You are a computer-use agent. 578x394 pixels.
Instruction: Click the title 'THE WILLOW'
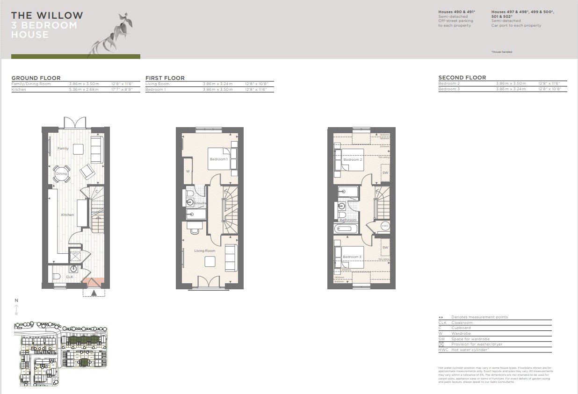coord(47,15)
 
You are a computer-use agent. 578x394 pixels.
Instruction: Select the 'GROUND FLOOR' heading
coord(36,78)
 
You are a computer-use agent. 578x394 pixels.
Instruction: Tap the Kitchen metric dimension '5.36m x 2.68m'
coord(84,89)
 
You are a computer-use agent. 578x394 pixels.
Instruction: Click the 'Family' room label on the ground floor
coord(63,149)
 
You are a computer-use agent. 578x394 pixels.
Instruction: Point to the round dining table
coord(61,173)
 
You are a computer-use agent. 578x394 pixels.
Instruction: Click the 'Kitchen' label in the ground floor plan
coord(67,215)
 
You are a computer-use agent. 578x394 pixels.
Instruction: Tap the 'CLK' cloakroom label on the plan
coord(69,277)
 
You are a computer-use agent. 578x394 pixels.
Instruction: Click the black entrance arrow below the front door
coord(94,293)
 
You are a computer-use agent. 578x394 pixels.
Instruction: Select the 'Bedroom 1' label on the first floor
coord(218,160)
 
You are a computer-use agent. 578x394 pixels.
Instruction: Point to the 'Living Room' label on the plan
coord(205,251)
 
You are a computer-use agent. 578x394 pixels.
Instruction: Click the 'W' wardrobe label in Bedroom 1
coord(188,171)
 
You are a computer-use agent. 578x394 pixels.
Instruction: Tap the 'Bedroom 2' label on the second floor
coord(353,160)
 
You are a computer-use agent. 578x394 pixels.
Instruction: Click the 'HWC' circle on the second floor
coord(385,226)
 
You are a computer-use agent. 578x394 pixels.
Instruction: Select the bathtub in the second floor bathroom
coord(345,229)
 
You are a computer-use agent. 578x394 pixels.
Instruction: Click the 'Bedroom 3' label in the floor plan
coord(352,257)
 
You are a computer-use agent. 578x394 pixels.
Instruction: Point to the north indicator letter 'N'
coord(16,301)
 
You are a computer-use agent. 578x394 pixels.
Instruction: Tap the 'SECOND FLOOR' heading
coord(462,78)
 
